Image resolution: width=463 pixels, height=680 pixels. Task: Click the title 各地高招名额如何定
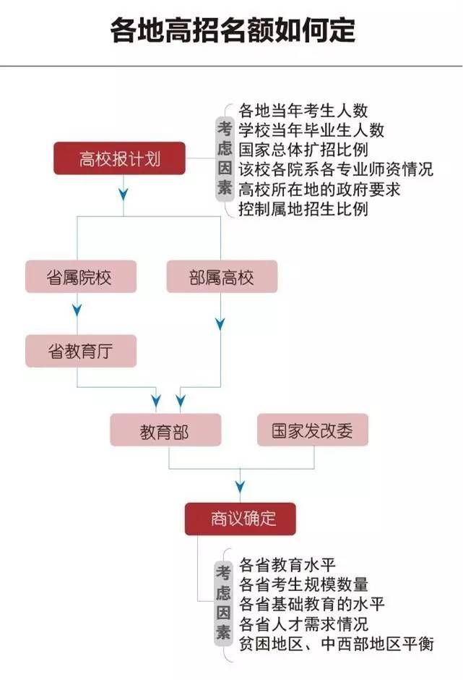click(233, 31)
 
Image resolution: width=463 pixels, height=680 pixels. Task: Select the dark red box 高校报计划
click(119, 158)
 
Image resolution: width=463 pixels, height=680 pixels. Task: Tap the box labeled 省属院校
click(81, 276)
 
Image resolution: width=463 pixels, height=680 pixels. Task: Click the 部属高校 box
click(222, 276)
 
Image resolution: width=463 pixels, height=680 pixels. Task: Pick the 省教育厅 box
click(81, 351)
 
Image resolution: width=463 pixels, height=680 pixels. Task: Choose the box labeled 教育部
click(165, 430)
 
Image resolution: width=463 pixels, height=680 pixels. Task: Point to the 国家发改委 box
click(313, 430)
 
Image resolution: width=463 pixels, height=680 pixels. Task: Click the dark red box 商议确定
click(241, 519)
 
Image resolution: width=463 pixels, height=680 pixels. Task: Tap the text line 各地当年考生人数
click(303, 111)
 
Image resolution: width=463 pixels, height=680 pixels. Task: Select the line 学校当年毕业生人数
click(311, 130)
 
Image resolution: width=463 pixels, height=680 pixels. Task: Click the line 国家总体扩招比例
click(303, 150)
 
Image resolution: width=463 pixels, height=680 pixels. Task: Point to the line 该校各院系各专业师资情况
click(336, 169)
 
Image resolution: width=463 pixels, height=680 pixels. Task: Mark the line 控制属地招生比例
click(303, 209)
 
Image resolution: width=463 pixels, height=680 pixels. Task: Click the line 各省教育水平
click(287, 565)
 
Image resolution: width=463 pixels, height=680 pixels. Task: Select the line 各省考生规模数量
click(303, 585)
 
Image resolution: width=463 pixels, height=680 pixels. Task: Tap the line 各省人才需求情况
click(303, 624)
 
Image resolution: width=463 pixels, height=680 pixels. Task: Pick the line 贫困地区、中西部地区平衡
click(336, 644)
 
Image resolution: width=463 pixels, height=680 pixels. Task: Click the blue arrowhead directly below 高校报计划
click(124, 194)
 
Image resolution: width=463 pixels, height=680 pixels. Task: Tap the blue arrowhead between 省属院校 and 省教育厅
click(77, 310)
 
